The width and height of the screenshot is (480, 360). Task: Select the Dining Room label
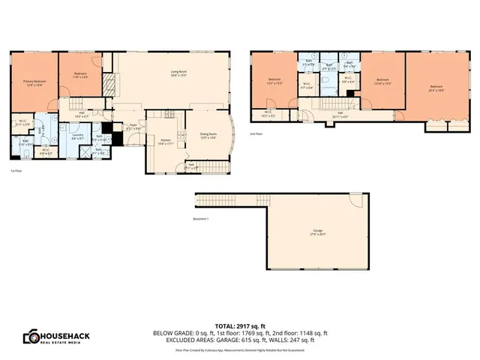tap(208, 136)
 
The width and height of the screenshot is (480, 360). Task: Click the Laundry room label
tap(77, 136)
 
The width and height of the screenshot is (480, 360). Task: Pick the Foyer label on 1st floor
tap(133, 127)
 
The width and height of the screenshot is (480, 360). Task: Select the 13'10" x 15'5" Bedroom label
tap(382, 81)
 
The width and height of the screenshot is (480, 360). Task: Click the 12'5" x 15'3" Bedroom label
tap(274, 81)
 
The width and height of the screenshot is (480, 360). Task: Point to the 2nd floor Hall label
tap(340, 114)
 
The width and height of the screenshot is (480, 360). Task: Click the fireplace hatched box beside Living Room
tap(109, 82)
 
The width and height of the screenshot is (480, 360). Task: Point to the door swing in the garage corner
tap(355, 200)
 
